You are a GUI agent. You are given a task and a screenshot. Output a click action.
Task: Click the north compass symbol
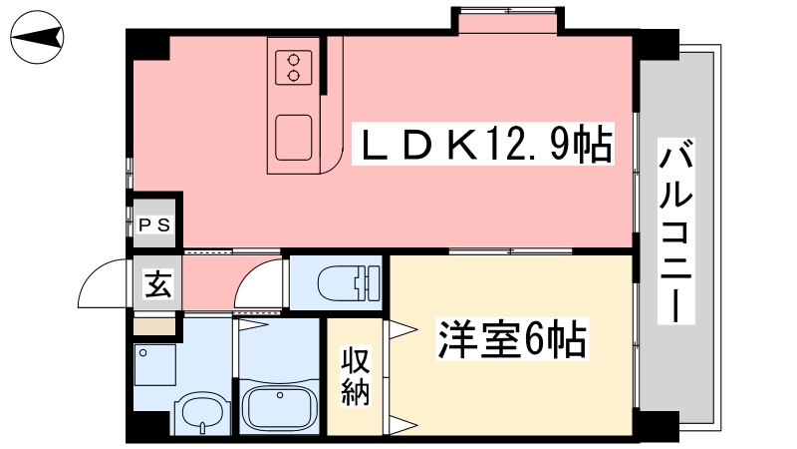[37, 37]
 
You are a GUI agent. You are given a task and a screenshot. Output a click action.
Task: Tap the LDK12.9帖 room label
[483, 144]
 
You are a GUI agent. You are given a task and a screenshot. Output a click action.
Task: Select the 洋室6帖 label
[512, 338]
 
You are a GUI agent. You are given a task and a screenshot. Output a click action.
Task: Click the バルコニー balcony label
[676, 231]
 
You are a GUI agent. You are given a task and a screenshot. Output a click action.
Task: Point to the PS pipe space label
[154, 225]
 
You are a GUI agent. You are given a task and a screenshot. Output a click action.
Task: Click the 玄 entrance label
[158, 284]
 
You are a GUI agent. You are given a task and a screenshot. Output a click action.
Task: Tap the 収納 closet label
[356, 376]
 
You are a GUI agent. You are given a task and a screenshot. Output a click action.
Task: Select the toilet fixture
[349, 283]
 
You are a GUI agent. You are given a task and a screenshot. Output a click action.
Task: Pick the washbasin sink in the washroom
[203, 414]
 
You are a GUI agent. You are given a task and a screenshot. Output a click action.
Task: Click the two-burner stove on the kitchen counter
[294, 68]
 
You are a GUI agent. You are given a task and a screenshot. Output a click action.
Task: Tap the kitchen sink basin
[294, 138]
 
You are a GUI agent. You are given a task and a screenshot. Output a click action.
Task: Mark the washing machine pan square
[155, 365]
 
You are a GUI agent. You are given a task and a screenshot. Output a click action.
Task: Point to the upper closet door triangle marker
[403, 330]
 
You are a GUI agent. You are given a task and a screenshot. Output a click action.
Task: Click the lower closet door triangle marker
[403, 425]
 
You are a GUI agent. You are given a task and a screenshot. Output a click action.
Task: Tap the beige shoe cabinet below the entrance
[154, 326]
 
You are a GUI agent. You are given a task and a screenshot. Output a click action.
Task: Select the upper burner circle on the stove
[294, 60]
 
